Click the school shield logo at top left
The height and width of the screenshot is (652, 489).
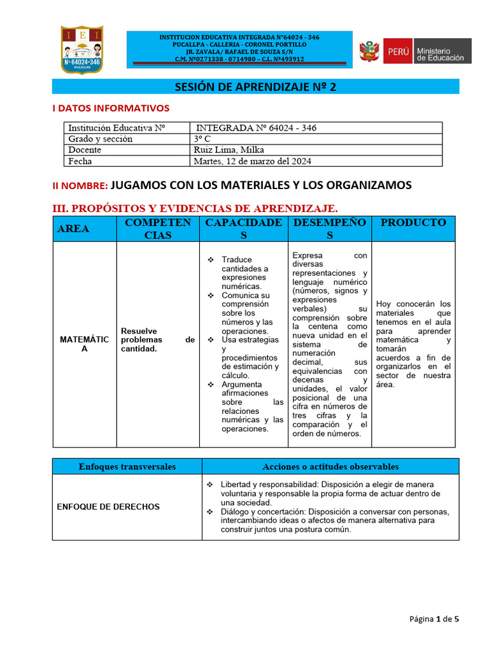tap(81, 50)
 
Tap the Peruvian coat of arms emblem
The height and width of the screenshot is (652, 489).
tap(369, 51)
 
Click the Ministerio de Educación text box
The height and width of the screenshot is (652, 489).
tap(443, 51)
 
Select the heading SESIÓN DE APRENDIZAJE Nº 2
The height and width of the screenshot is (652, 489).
tap(255, 87)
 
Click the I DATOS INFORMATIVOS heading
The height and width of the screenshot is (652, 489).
tap(111, 108)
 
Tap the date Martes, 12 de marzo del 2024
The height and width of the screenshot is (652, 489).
tap(252, 161)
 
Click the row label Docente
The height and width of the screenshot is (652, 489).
tap(85, 150)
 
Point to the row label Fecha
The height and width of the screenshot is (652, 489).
tap(80, 161)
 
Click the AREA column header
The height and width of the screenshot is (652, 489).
tap(73, 229)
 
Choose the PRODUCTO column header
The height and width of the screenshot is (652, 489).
tap(413, 222)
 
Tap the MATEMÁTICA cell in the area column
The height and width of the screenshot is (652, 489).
tap(84, 344)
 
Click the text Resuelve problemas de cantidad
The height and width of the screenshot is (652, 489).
tap(157, 340)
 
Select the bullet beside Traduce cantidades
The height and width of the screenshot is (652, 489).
tap(211, 260)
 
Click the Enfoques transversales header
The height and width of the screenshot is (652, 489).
tap(127, 467)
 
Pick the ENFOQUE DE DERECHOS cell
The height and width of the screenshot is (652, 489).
tap(108, 507)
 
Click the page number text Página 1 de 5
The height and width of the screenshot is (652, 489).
tap(433, 618)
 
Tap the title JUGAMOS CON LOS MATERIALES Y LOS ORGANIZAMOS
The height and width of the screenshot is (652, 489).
tap(261, 185)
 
